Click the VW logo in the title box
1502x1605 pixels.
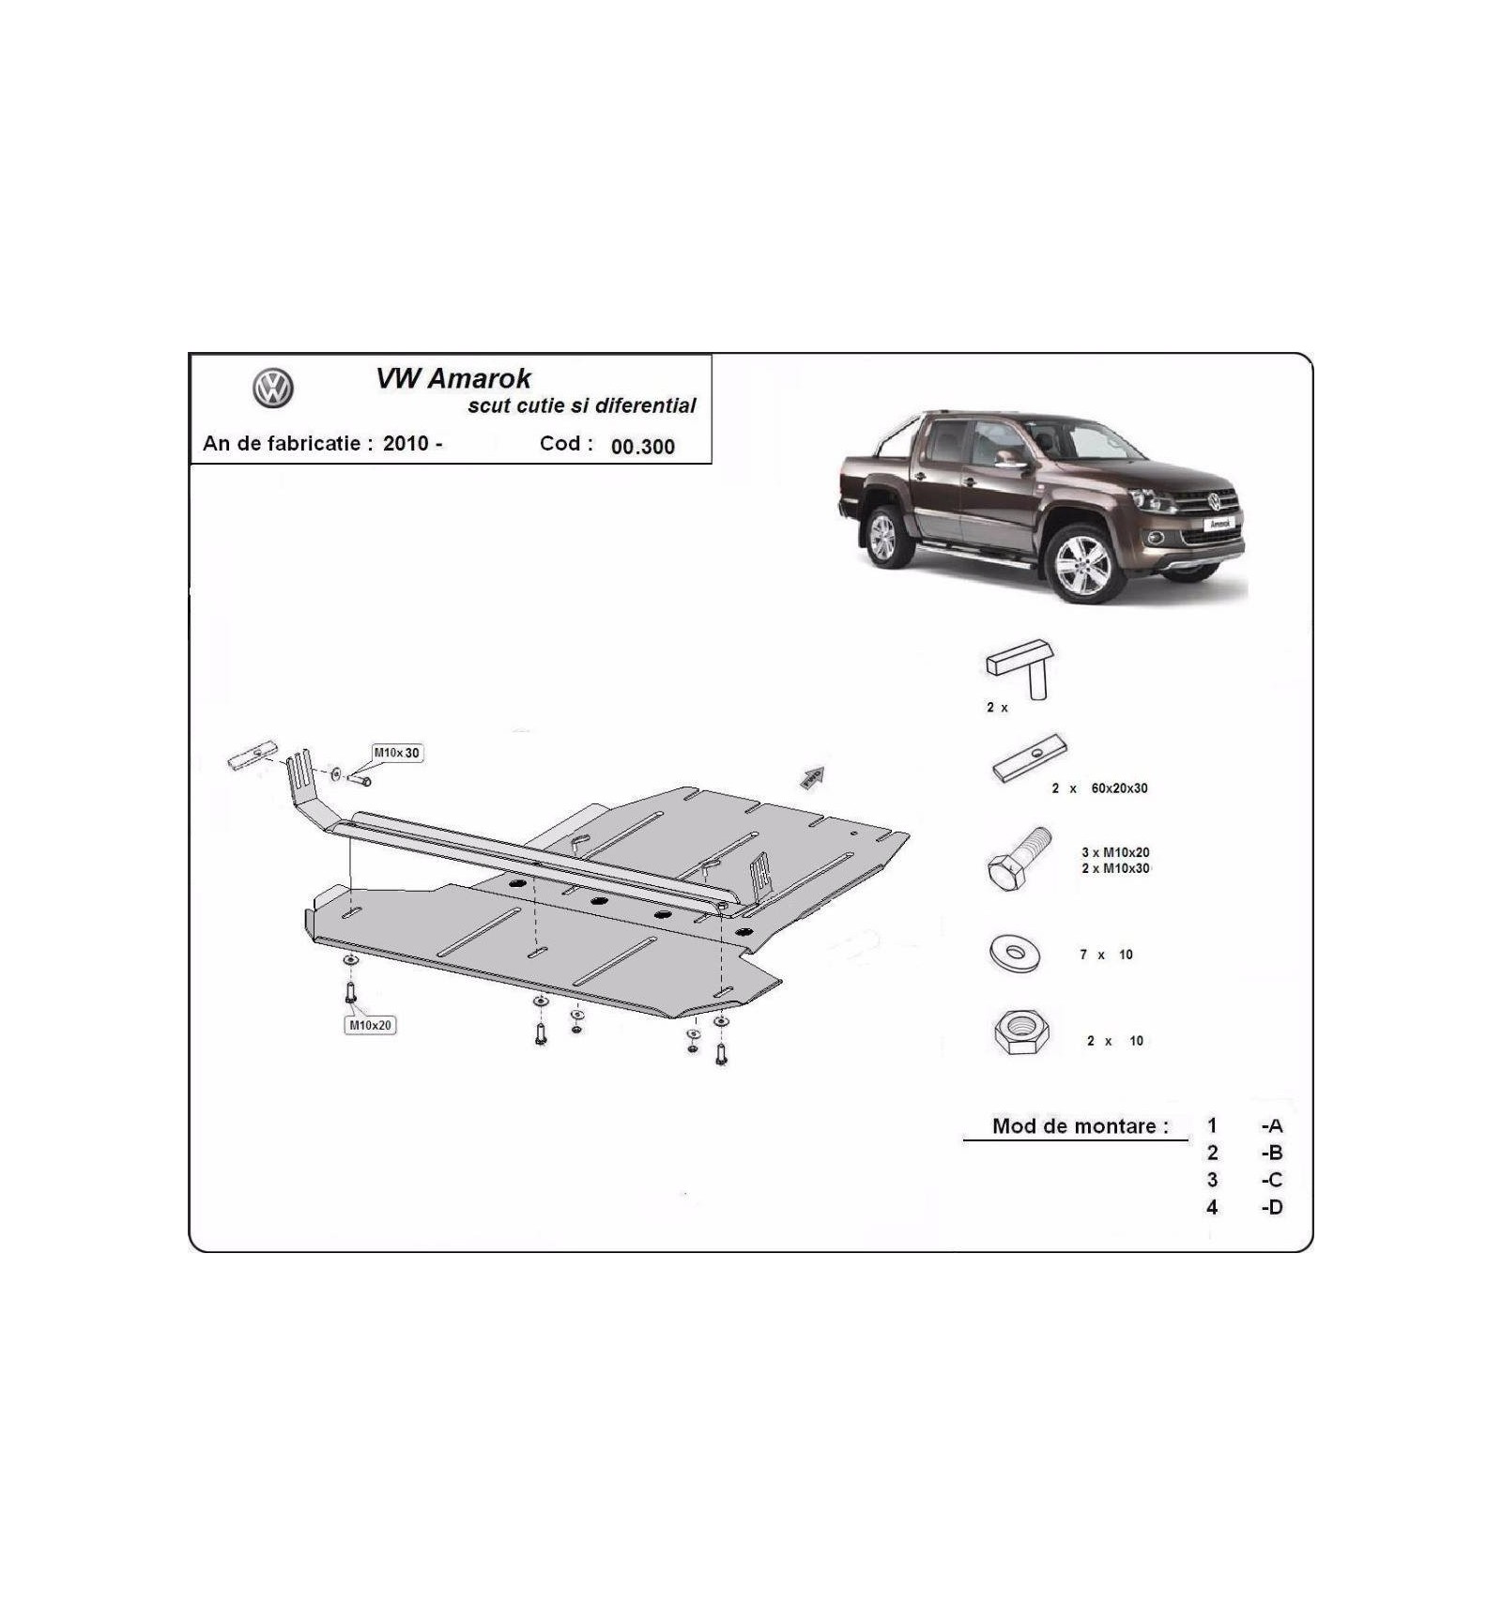[273, 388]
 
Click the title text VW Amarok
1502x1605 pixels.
[453, 378]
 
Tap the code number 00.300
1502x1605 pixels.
[643, 447]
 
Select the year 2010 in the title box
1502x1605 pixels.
[406, 443]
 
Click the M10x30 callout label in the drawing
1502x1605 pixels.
[397, 753]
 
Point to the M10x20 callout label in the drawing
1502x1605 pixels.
[370, 1025]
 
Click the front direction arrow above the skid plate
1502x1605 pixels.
[812, 777]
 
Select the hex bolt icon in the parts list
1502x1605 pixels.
[1019, 858]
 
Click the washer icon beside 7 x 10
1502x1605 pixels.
[1015, 954]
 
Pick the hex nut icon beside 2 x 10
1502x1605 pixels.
[1021, 1032]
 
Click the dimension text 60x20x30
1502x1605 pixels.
[1119, 788]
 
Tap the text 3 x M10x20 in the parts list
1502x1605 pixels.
[1115, 852]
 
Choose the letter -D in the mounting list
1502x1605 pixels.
[1272, 1207]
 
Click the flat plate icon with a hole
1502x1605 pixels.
[1030, 758]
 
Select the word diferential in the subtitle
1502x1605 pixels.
[646, 405]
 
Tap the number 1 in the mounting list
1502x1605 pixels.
[1212, 1125]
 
